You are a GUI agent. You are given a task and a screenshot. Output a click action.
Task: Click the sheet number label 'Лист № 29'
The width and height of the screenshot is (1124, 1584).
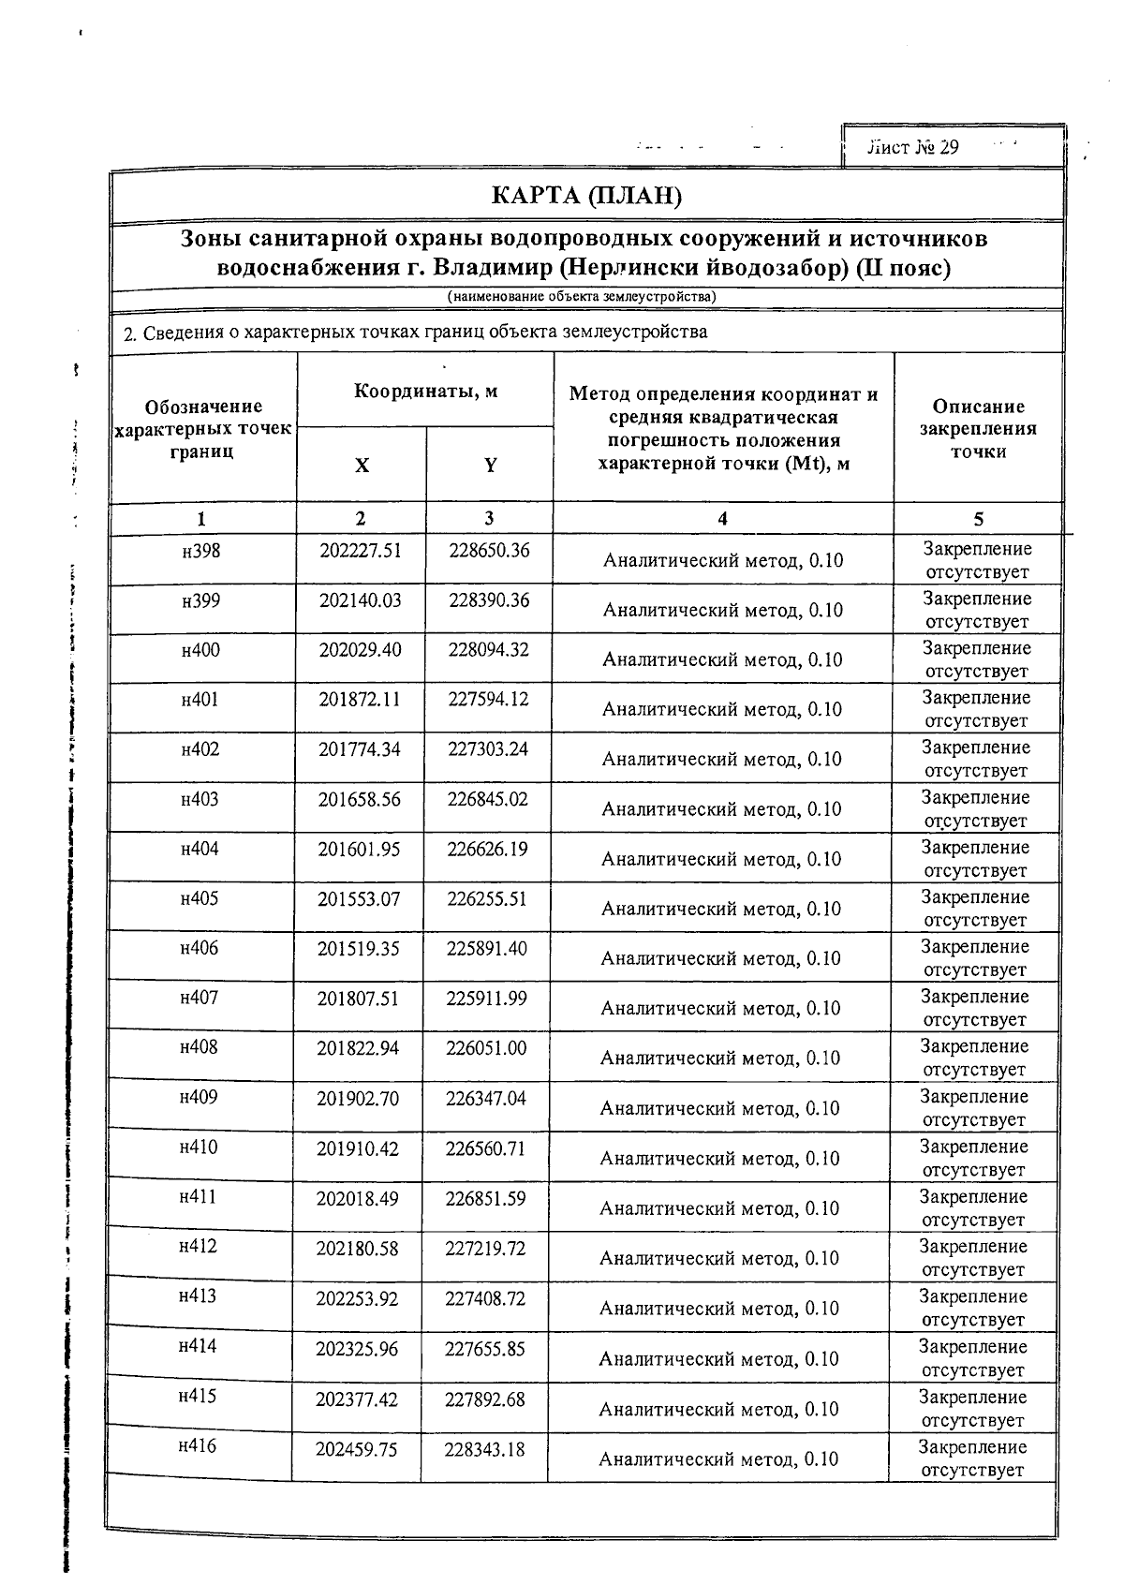[x=913, y=148]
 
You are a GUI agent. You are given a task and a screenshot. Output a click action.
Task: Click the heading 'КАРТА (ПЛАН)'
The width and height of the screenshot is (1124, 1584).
[x=587, y=197]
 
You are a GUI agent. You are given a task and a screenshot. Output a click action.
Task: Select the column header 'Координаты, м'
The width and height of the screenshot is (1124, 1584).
[x=425, y=392]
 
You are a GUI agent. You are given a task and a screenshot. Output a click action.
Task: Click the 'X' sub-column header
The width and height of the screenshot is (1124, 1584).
[x=362, y=466]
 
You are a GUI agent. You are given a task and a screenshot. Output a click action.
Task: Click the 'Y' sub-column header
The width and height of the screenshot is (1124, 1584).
[x=490, y=466]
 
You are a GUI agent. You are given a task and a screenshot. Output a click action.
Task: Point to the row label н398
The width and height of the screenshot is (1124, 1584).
[x=201, y=551]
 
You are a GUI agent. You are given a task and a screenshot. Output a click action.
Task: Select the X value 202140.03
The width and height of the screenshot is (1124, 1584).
[x=361, y=600]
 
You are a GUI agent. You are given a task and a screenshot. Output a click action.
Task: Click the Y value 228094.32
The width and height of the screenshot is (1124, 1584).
[x=488, y=650]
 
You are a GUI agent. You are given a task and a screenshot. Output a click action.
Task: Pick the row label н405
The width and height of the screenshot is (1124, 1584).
[x=200, y=899]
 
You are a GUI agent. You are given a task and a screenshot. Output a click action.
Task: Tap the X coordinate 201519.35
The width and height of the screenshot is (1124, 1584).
[x=359, y=949]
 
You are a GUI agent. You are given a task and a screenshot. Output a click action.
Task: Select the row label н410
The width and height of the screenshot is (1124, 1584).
[x=199, y=1147]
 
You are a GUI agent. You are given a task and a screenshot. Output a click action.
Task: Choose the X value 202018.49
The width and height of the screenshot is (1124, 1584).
[x=358, y=1198]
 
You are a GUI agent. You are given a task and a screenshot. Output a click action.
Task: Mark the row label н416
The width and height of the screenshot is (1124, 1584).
[x=197, y=1446]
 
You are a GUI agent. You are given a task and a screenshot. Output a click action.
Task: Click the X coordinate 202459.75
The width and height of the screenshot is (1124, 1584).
[x=356, y=1450]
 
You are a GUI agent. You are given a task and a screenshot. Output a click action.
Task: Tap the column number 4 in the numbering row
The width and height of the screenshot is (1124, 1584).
[x=722, y=519]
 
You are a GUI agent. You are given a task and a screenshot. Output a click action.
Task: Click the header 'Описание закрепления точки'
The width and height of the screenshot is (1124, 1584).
[x=978, y=429]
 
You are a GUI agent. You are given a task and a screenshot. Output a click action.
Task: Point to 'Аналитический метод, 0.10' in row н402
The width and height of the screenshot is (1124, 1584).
[x=721, y=759]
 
